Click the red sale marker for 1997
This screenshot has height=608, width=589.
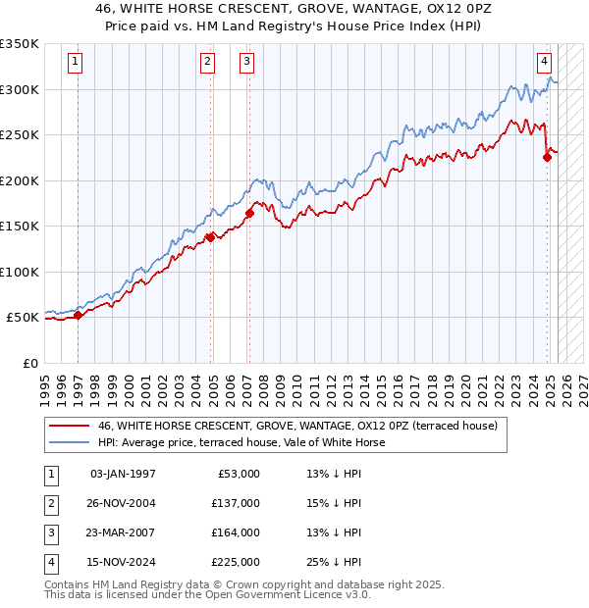(x=78, y=315)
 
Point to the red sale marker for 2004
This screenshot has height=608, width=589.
(x=210, y=236)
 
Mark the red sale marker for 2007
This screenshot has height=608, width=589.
(x=249, y=213)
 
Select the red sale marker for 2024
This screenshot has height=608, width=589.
(x=547, y=158)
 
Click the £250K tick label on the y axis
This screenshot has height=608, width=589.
(x=20, y=134)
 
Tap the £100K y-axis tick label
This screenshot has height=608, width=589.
(x=20, y=272)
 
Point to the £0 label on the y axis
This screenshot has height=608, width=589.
(x=29, y=363)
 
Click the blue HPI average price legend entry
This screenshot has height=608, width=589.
(x=241, y=442)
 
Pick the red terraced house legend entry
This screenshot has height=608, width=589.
(x=298, y=426)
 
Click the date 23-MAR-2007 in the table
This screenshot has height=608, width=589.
(x=123, y=532)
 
